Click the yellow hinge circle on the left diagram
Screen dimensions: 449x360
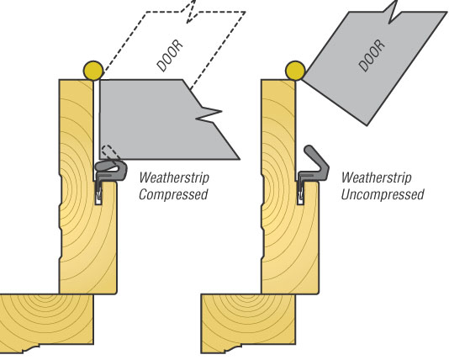[x=93, y=71]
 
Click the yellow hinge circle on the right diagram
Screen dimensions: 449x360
[x=295, y=71]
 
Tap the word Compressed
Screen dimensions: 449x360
[x=173, y=194]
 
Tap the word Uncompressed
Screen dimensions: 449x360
[x=383, y=194]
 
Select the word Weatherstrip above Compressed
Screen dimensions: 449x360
[x=174, y=177]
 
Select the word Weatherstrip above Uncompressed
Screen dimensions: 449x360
[x=376, y=177]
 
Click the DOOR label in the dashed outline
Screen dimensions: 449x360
[x=170, y=56]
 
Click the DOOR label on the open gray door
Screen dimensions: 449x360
[x=372, y=56]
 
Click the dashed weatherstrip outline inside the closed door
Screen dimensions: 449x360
[x=110, y=152]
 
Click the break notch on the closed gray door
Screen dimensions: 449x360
[x=209, y=114]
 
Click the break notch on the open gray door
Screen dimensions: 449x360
[x=393, y=12]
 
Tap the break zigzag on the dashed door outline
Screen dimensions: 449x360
[x=190, y=12]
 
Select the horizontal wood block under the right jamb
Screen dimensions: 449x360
[x=248, y=323]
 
